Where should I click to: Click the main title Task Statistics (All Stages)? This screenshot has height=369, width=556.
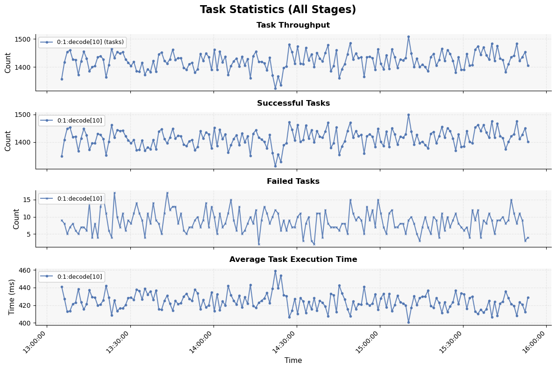(278, 10)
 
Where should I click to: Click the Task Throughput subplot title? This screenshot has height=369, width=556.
(293, 25)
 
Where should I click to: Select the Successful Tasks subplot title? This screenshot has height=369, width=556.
(293, 103)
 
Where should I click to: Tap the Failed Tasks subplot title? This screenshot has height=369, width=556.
(293, 181)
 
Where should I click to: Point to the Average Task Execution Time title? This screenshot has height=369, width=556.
(293, 260)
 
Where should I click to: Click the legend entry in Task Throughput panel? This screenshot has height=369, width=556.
(82, 43)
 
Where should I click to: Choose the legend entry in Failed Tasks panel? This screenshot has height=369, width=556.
(71, 199)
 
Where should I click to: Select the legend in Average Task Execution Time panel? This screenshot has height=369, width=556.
(71, 277)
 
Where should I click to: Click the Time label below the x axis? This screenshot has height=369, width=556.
(293, 361)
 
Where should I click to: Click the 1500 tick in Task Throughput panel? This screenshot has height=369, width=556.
(26, 39)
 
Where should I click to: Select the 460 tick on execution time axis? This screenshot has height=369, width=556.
(28, 270)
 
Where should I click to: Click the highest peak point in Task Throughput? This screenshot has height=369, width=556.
(408, 36)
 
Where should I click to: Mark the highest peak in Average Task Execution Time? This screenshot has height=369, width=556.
(275, 271)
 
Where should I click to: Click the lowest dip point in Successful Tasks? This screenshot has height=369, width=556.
(275, 166)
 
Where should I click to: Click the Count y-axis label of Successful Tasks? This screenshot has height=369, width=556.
(8, 141)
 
